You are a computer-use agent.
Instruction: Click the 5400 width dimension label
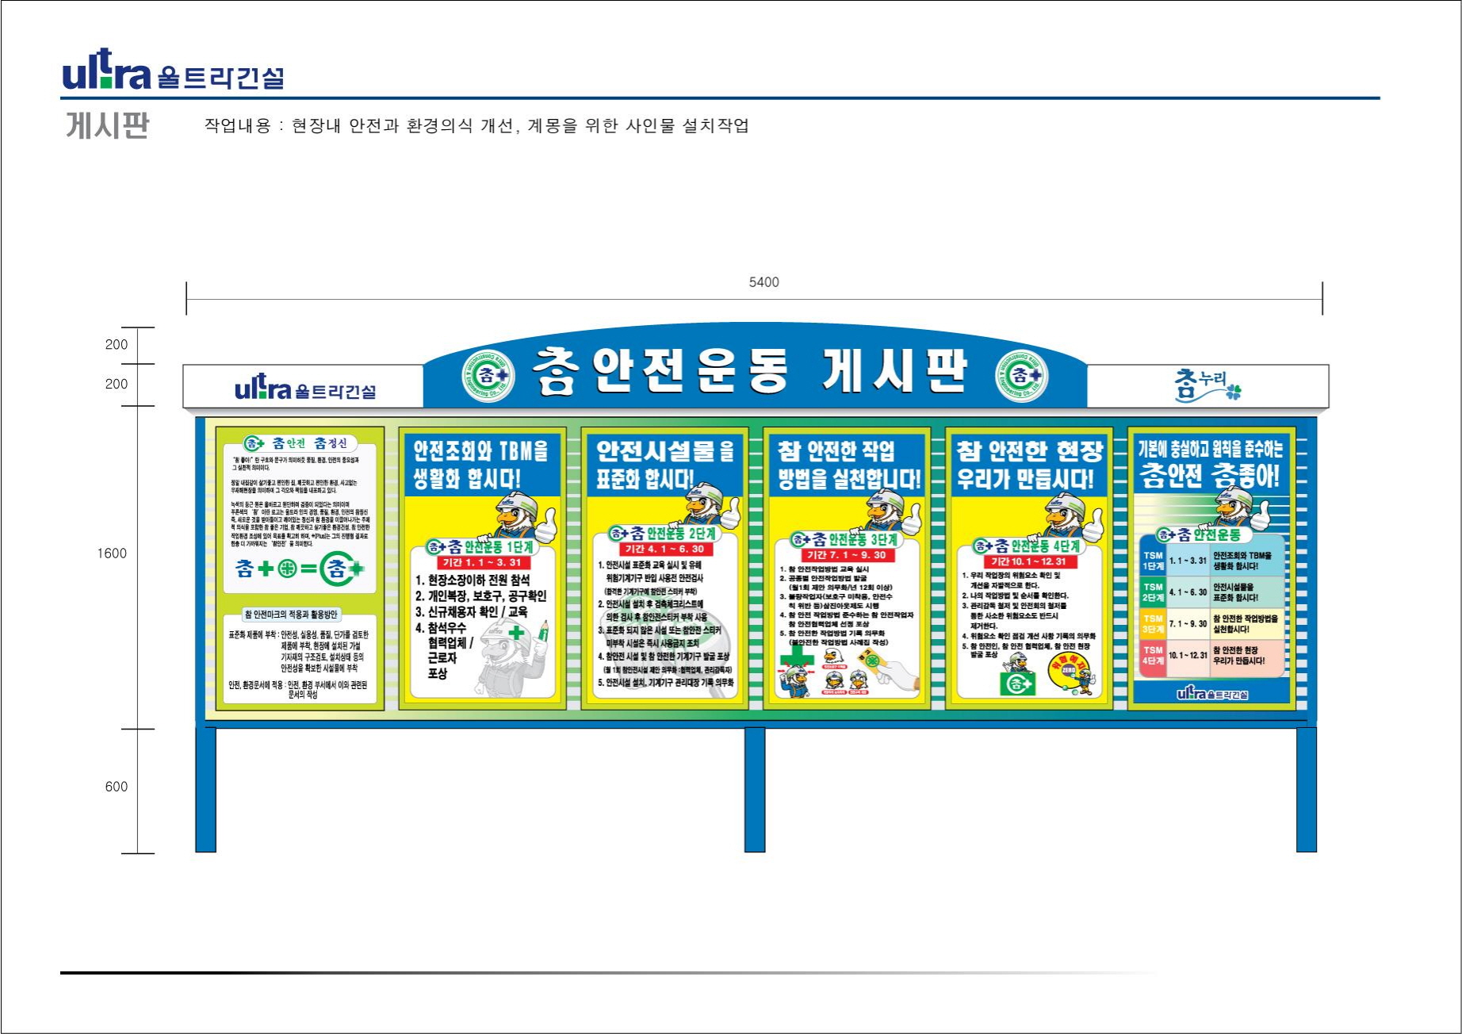tap(764, 282)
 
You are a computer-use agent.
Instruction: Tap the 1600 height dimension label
tap(112, 553)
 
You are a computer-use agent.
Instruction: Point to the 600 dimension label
tap(116, 787)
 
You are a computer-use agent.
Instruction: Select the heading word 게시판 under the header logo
tap(107, 125)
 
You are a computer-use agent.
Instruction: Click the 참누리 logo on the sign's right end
tap(1207, 385)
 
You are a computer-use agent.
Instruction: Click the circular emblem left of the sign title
tap(488, 373)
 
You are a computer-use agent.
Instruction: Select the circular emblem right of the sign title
tap(1022, 373)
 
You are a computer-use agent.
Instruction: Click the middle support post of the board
tap(755, 790)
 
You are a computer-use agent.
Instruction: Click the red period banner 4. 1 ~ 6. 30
tap(664, 549)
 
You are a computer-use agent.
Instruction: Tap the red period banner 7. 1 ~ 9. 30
tap(847, 555)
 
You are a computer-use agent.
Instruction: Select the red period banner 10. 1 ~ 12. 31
tap(1029, 561)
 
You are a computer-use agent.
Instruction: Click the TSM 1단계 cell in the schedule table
tap(1153, 561)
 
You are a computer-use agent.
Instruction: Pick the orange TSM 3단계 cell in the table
tap(1153, 623)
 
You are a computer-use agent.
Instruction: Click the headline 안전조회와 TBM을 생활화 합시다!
tap(480, 465)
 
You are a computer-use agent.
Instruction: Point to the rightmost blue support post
tap(1306, 790)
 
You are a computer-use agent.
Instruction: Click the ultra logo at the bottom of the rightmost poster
tap(1212, 694)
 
